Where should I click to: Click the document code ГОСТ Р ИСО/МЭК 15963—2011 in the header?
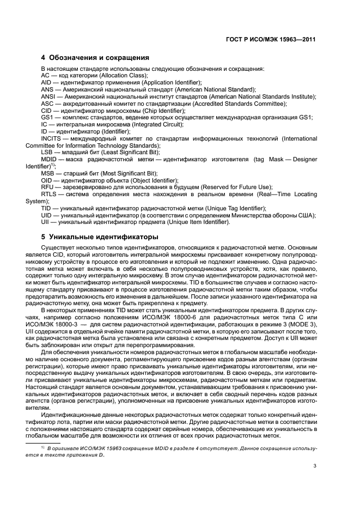click(271, 39)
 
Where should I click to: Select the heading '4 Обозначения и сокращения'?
click(95, 57)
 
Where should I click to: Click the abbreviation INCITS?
click(52, 139)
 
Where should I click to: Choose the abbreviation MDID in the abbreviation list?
click(50, 160)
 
